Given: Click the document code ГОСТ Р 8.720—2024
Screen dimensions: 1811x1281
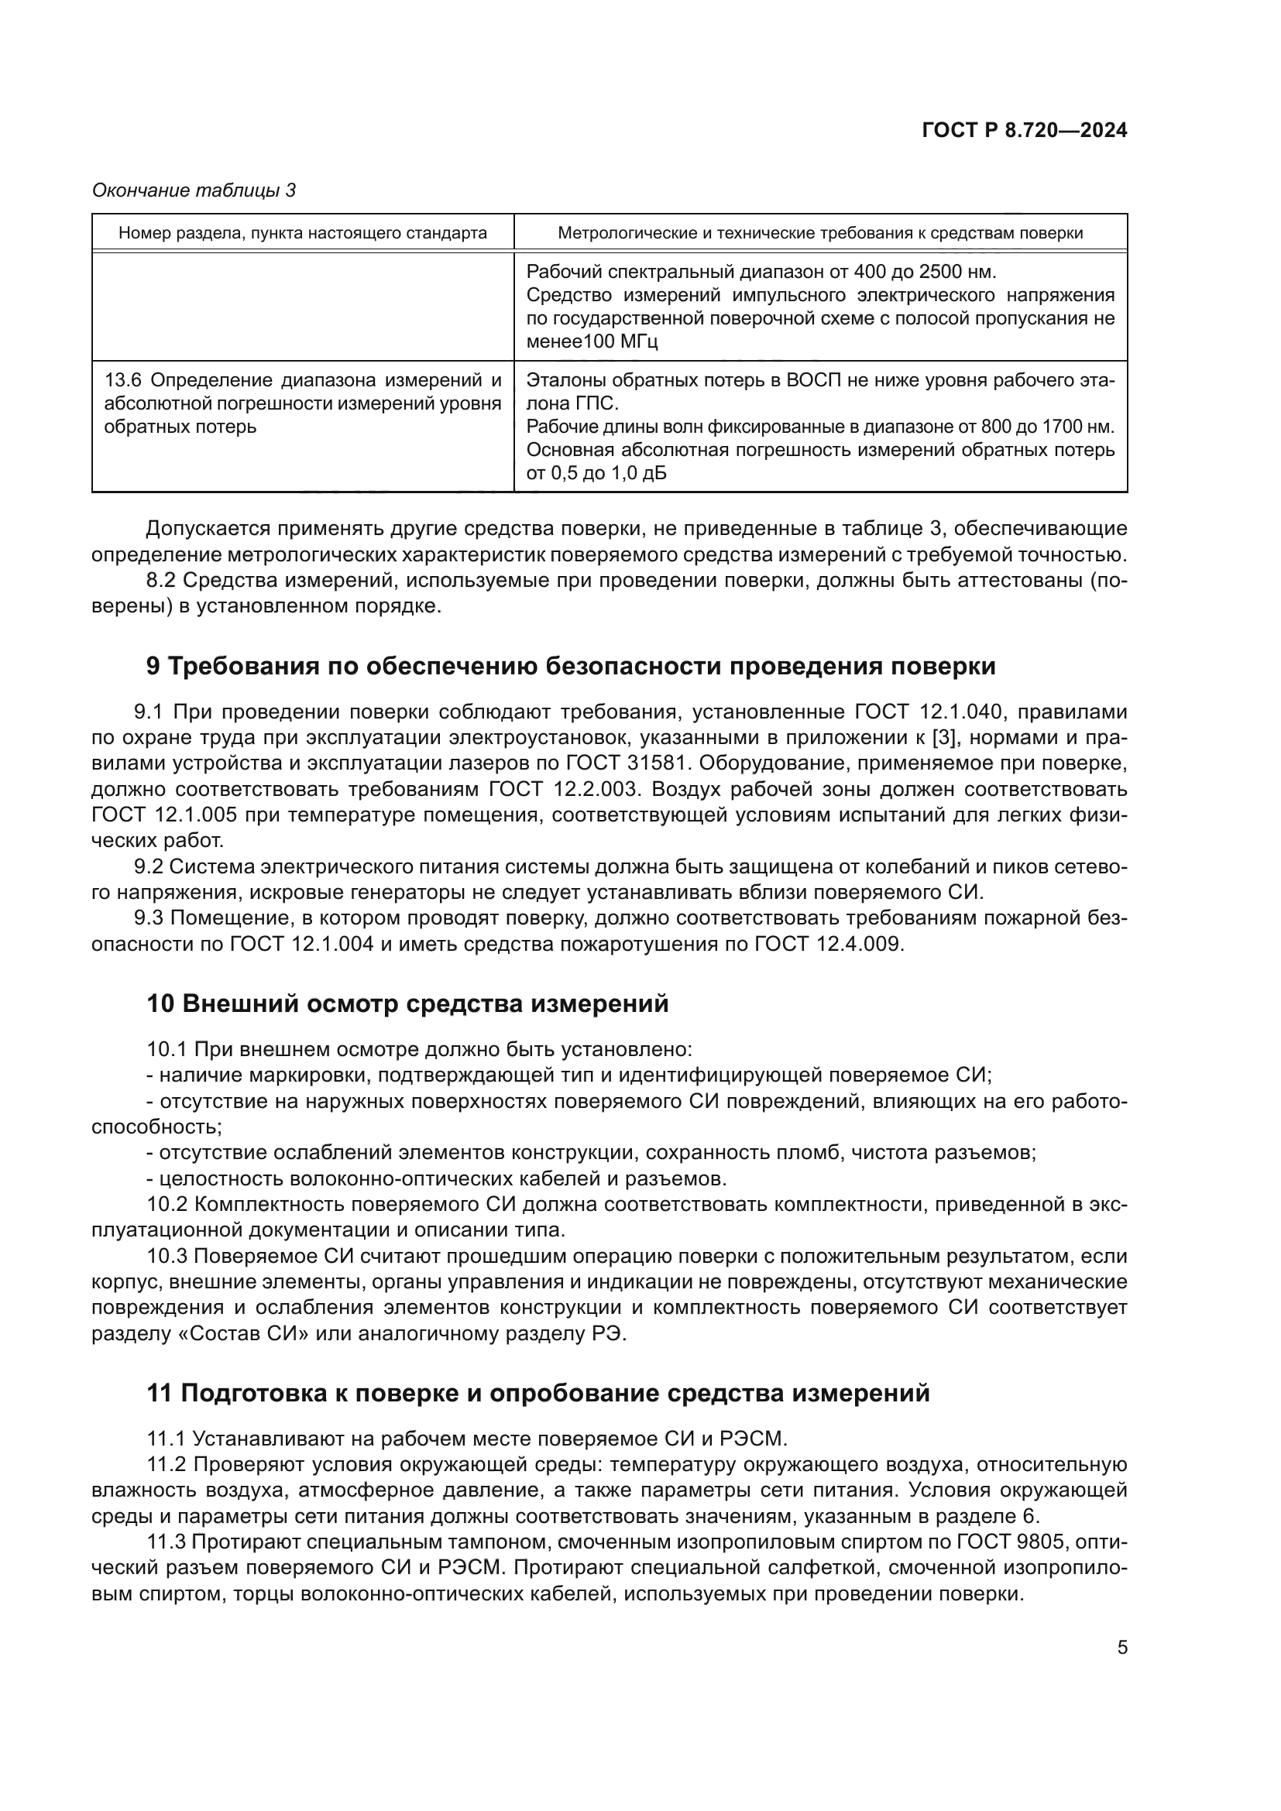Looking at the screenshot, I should click(x=1024, y=131).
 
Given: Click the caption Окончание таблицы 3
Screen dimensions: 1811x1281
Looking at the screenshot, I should click(x=194, y=190).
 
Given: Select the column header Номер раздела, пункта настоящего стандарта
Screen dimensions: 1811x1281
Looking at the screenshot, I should click(x=303, y=234).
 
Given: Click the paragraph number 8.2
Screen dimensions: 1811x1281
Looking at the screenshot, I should click(x=163, y=581).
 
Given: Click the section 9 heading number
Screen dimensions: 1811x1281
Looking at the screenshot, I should click(x=153, y=667).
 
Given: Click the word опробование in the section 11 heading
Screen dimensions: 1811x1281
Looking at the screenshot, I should click(x=572, y=1394).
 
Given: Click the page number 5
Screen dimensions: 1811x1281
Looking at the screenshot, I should click(x=1121, y=1648).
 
